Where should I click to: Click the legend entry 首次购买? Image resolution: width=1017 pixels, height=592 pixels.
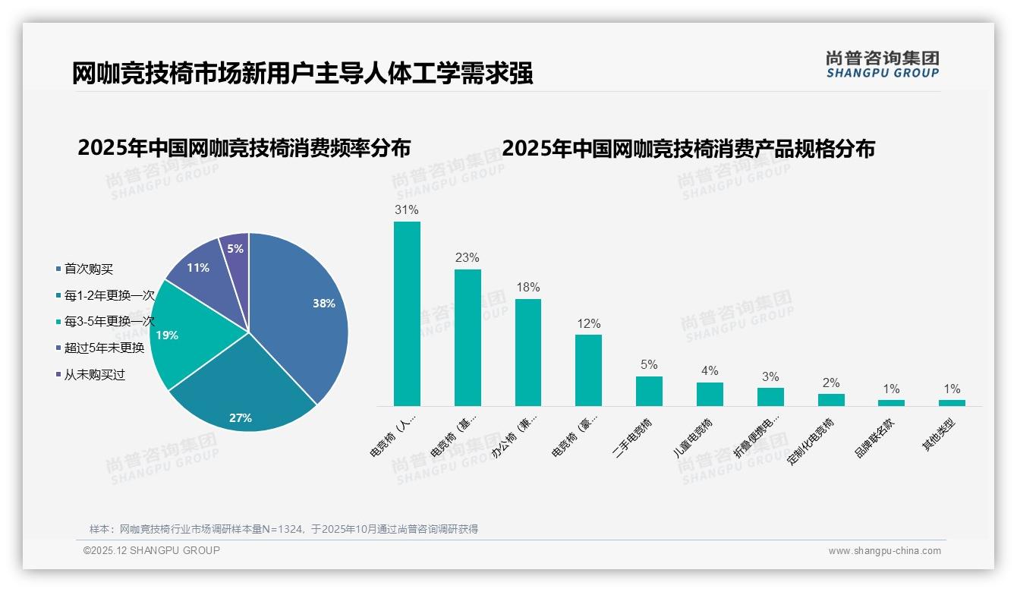click(88, 269)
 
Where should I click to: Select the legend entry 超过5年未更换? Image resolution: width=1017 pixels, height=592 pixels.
click(104, 348)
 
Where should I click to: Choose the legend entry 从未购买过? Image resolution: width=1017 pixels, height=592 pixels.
click(94, 375)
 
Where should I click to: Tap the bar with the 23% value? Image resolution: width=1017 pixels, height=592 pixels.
click(468, 337)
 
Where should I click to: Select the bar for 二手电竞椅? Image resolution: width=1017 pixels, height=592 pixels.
click(649, 391)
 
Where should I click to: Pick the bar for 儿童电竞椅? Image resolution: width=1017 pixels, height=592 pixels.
click(710, 394)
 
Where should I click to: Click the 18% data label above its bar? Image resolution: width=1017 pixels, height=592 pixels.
click(528, 287)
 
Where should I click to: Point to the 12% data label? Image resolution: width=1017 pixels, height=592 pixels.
click(588, 323)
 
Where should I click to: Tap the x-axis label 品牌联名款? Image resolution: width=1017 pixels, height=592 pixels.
click(874, 439)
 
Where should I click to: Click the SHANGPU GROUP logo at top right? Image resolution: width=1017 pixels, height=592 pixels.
click(883, 65)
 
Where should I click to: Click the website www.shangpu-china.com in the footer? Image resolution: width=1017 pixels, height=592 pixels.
click(884, 551)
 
